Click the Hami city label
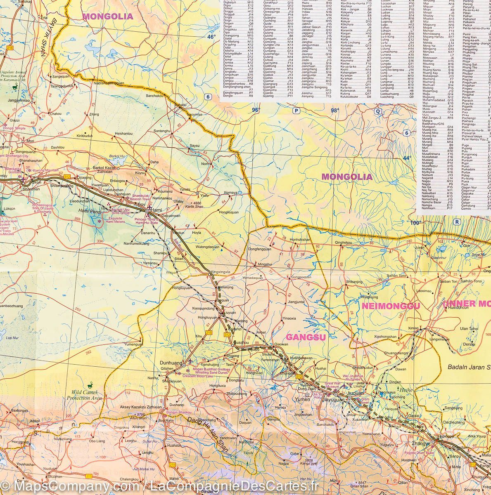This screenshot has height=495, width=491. [156, 210]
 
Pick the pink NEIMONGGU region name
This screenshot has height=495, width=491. [391, 306]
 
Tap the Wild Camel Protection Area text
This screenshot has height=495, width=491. [85, 396]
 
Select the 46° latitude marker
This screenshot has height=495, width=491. [211, 37]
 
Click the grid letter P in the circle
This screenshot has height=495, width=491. [296, 111]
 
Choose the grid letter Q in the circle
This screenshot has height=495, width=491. [377, 111]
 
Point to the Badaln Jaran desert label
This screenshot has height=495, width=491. [469, 367]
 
